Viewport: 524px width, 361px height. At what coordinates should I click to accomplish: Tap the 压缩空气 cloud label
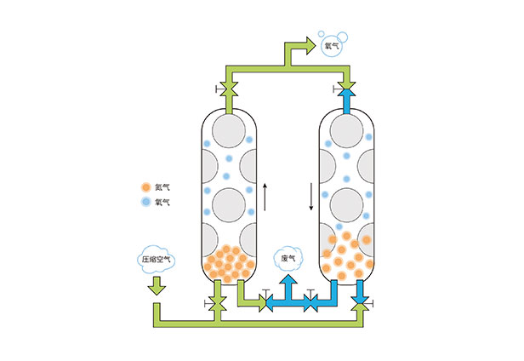[x=156, y=260]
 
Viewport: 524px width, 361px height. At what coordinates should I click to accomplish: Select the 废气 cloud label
[x=289, y=257]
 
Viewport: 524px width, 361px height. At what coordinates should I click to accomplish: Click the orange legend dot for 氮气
[x=145, y=186]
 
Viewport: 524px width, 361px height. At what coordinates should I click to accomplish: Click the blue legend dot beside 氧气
[x=145, y=202]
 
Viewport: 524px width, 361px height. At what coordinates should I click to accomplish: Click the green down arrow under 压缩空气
[x=156, y=289]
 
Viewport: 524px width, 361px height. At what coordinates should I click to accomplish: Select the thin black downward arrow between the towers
[x=310, y=196]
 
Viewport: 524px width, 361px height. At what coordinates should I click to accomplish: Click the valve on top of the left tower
[x=227, y=89]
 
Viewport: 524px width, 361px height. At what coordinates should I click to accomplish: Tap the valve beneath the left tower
[x=219, y=301]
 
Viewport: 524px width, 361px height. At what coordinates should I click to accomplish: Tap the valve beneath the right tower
[x=360, y=301]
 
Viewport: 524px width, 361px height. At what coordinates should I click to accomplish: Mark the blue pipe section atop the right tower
[x=346, y=103]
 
